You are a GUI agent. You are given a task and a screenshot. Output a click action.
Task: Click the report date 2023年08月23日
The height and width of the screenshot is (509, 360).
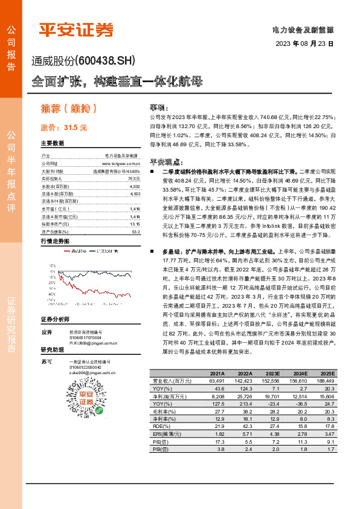coord(304,44)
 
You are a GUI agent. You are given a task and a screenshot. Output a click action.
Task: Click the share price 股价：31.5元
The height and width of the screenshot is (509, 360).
coord(63,128)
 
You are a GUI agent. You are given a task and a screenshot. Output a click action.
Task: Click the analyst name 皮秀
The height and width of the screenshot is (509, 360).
coord(47,332)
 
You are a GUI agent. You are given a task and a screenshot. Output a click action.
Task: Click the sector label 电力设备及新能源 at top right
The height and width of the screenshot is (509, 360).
coord(303,29)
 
